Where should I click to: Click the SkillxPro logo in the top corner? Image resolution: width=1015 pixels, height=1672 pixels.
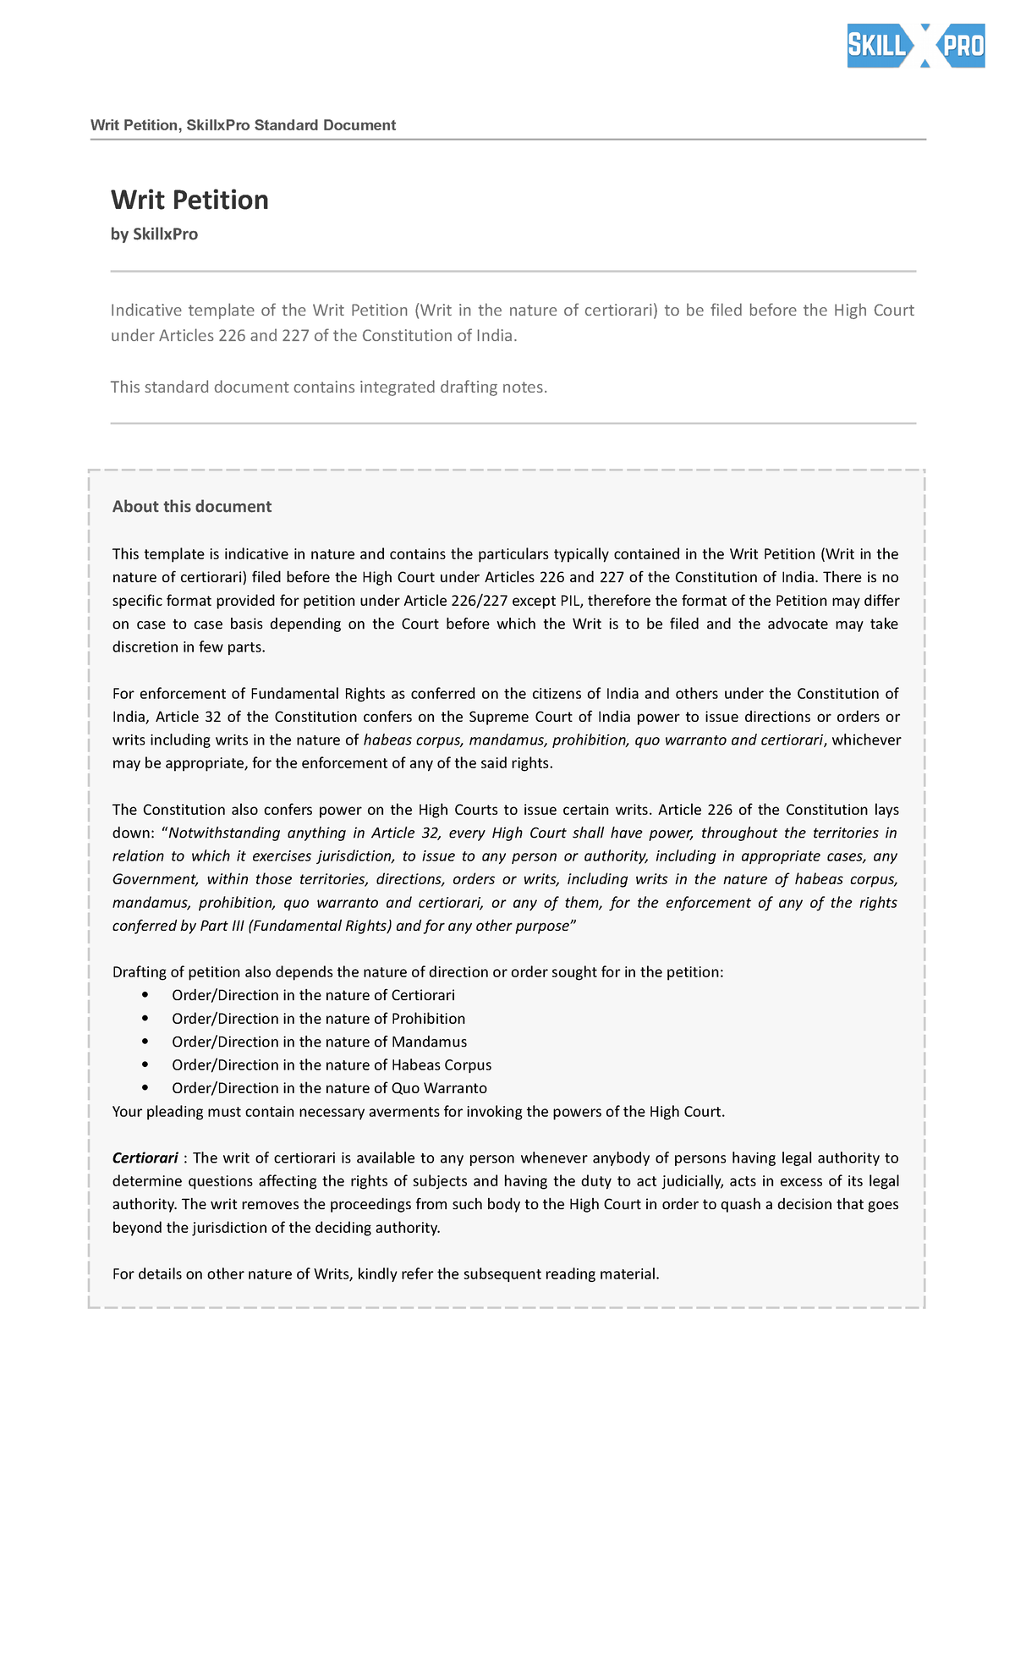tap(915, 46)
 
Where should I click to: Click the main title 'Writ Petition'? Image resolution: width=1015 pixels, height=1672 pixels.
tap(189, 200)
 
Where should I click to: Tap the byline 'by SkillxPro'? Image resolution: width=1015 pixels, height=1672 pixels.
tap(154, 234)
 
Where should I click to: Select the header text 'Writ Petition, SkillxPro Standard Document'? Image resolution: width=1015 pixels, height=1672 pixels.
tap(243, 125)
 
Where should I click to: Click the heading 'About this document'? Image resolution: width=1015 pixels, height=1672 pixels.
tap(192, 507)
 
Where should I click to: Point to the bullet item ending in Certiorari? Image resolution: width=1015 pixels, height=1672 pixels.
tap(313, 996)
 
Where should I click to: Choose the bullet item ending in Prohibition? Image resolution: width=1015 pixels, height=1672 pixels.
tap(318, 1019)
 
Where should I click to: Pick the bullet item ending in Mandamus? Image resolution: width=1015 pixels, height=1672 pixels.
tap(319, 1042)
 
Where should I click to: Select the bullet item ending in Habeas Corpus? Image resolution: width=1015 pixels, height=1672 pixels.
tap(331, 1065)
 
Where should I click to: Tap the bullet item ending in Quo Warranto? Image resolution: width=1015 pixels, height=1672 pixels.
tap(329, 1088)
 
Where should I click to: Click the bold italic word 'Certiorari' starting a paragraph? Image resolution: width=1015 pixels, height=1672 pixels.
tap(145, 1158)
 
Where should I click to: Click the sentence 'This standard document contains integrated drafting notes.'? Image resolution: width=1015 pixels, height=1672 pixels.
tap(329, 388)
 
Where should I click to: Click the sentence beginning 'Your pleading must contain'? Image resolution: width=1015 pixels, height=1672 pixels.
tap(419, 1112)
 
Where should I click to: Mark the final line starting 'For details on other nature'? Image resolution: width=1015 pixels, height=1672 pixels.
tap(385, 1274)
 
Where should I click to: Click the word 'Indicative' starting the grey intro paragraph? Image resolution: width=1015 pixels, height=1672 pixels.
tap(145, 311)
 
